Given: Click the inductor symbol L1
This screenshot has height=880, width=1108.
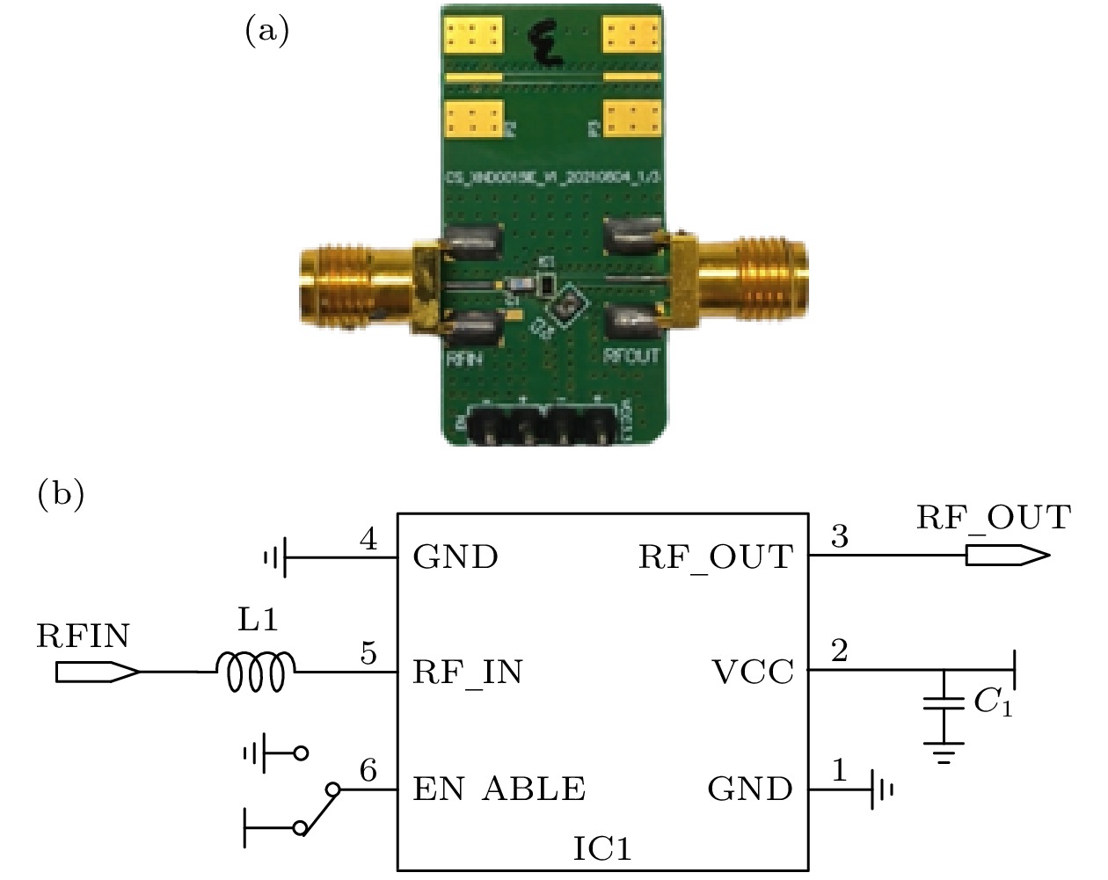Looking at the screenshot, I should pyautogui.click(x=256, y=672).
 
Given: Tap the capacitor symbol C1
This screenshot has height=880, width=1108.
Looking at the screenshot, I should pyautogui.click(x=944, y=703).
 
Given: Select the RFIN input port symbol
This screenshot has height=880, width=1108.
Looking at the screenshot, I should pyautogui.click(x=96, y=672).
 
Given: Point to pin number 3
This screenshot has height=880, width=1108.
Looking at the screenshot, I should pyautogui.click(x=840, y=536).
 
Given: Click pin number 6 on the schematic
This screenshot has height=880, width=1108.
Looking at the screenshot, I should pyautogui.click(x=368, y=770).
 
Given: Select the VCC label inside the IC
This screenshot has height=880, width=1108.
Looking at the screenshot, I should pyautogui.click(x=753, y=673).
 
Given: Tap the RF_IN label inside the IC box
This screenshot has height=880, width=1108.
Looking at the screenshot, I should pyautogui.click(x=468, y=673).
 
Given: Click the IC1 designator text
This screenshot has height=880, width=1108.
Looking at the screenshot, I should pyautogui.click(x=602, y=848).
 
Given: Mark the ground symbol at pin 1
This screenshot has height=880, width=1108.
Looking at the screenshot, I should pyautogui.click(x=882, y=789).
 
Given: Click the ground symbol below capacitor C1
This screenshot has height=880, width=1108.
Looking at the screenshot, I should pyautogui.click(x=944, y=753).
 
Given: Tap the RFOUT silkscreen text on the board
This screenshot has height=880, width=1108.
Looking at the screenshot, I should pyautogui.click(x=631, y=356).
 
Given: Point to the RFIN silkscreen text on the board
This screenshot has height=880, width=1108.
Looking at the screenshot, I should pyautogui.click(x=463, y=359).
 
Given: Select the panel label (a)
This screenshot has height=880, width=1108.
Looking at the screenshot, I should pyautogui.click(x=266, y=32).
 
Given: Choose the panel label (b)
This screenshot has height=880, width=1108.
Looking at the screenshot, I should pyautogui.click(x=61, y=494).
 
